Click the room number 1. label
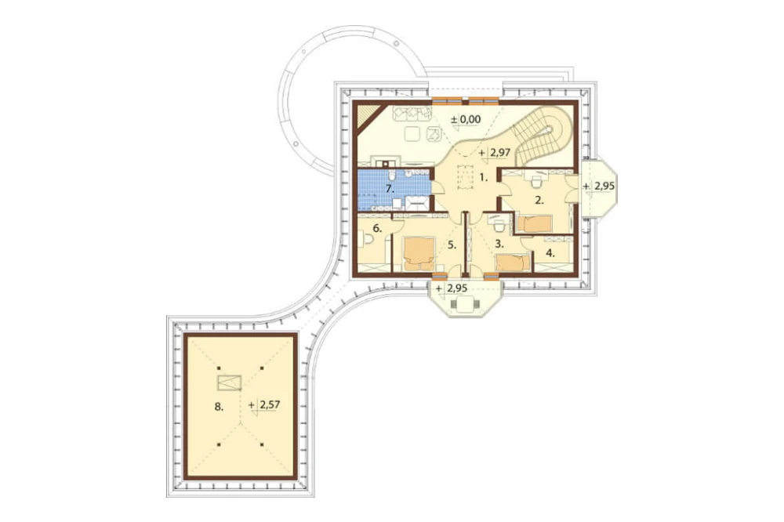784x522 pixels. pos(484,177)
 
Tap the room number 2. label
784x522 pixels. pos(539,201)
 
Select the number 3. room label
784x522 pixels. pos(499,244)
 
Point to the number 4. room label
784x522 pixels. pos(550,253)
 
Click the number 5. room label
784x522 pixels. pos(452,245)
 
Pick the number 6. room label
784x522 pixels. pos(377,229)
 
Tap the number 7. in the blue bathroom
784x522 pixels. pos(390,189)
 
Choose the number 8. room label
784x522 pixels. pos(219,407)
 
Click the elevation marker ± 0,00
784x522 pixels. pos(466,119)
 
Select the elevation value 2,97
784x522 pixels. pos(499,153)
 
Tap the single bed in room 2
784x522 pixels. pos(533,223)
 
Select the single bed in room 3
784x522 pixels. pos(513,263)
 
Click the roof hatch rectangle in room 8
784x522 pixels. pos(230,382)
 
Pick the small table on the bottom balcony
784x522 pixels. pos(466,303)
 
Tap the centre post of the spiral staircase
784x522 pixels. pos(549,130)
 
